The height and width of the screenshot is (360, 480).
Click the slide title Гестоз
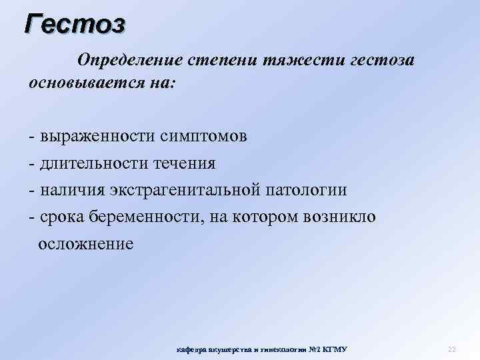click(74, 24)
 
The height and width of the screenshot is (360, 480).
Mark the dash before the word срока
click(32, 217)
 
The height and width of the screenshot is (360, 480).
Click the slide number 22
click(451, 349)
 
